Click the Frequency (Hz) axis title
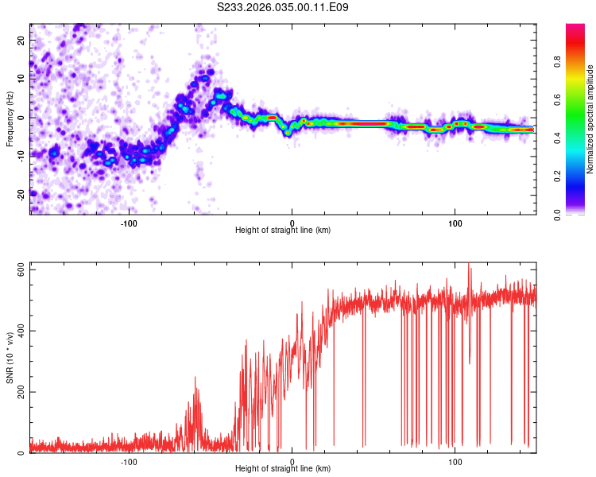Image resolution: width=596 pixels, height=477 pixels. (x=10, y=118)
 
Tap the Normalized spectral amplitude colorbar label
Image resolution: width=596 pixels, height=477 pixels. (x=590, y=119)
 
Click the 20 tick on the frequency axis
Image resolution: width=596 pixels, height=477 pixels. (x=21, y=39)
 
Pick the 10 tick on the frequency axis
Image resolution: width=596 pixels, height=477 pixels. (x=21, y=78)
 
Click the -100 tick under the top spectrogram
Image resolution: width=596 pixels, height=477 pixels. (x=129, y=222)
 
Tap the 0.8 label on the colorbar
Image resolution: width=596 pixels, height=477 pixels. (x=558, y=62)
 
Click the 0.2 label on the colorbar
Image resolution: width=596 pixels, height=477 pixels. (x=558, y=176)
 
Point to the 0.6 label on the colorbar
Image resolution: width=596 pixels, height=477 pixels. (x=558, y=100)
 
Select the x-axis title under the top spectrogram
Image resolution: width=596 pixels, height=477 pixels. (x=283, y=231)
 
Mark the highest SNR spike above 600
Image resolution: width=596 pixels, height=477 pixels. (x=469, y=265)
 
